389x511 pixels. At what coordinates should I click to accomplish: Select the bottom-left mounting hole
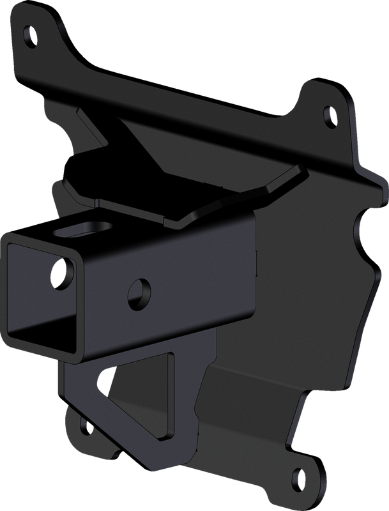[84, 423]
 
